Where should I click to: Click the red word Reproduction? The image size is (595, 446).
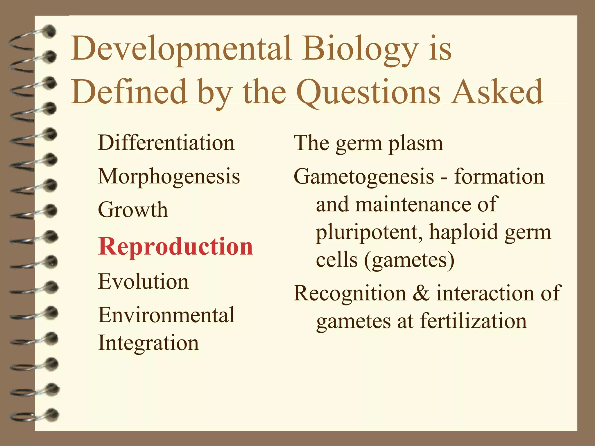[175, 247]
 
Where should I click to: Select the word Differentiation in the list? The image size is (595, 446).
[166, 143]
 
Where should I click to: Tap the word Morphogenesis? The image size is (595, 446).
[169, 176]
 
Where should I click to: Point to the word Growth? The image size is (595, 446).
[133, 210]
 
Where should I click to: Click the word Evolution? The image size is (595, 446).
[144, 281]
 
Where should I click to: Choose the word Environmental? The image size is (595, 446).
[166, 315]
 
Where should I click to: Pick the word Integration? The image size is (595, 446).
[148, 343]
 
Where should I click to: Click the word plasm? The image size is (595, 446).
[415, 143]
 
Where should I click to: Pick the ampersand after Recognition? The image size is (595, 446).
[421, 293]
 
